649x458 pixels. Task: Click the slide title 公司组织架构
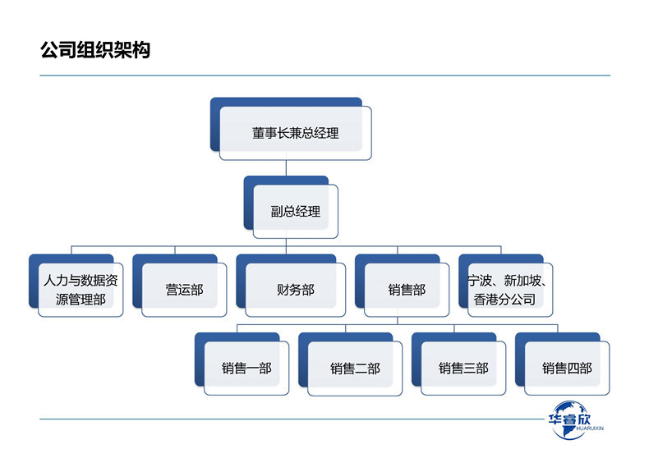tap(94, 50)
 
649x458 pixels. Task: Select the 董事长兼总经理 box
tap(295, 133)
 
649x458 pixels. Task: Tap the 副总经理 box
tap(295, 212)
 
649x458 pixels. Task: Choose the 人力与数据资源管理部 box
tap(80, 290)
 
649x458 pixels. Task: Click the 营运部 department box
tap(184, 290)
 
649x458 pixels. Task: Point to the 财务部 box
tap(295, 290)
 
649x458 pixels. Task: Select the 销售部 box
tap(407, 290)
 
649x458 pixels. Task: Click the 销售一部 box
tap(246, 369)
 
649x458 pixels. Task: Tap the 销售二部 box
tap(355, 369)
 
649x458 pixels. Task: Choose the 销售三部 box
tap(463, 369)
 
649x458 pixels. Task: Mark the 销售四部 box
tap(567, 369)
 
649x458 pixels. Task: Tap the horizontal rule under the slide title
tap(324, 76)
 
